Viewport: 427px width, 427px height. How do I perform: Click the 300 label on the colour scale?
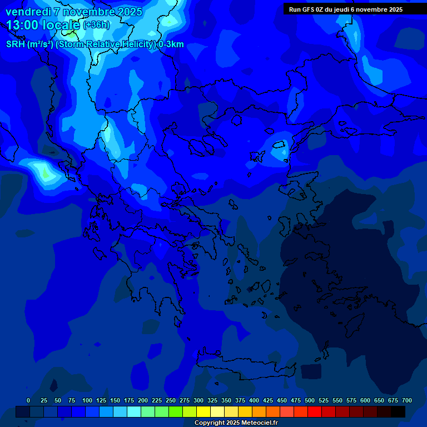(x=198, y=400)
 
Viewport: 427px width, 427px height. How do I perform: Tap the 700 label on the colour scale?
(x=407, y=400)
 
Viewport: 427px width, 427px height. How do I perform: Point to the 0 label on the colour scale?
(x=28, y=400)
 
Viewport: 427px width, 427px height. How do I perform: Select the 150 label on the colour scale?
(x=115, y=400)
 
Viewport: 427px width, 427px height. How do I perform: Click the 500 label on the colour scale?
(x=310, y=400)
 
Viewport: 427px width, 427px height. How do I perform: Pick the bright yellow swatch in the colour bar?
(x=203, y=411)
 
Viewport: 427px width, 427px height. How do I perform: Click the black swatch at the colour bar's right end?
(x=398, y=411)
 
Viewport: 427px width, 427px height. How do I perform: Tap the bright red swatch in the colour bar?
(x=315, y=411)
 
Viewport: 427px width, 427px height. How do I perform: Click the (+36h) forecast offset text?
(x=96, y=25)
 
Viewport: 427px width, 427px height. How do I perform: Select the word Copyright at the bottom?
(x=210, y=423)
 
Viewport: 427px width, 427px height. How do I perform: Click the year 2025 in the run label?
(x=395, y=9)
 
